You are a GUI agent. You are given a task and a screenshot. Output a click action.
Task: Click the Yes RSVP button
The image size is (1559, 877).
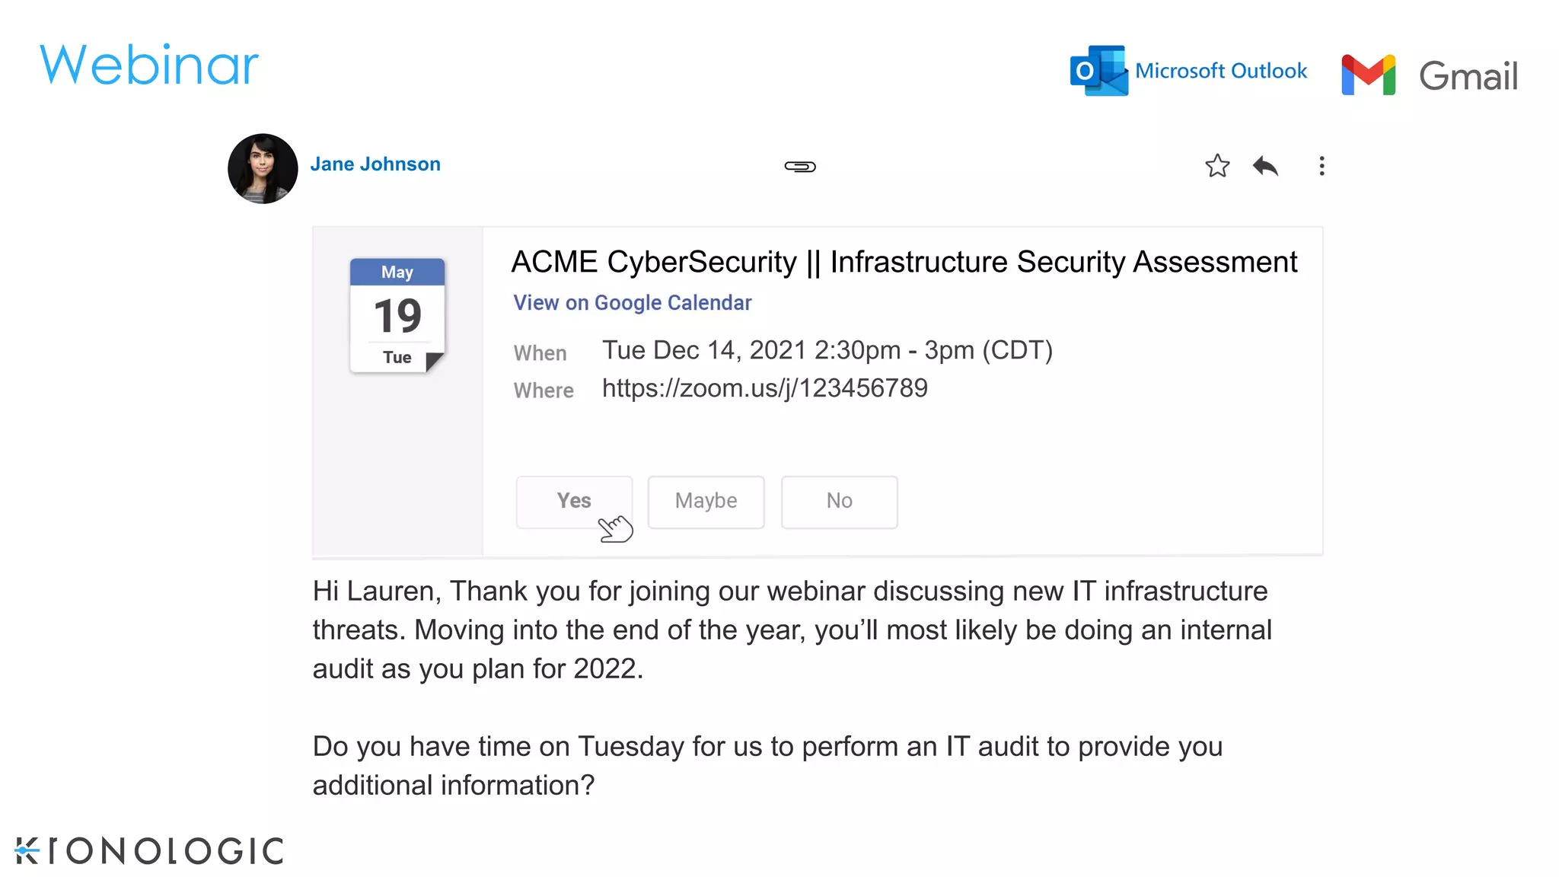pos(574,501)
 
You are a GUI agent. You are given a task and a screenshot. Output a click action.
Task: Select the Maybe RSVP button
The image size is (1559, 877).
pos(706,501)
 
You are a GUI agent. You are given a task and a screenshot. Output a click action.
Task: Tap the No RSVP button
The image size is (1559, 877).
pos(839,501)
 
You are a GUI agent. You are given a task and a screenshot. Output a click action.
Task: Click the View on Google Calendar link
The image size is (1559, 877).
pos(632,303)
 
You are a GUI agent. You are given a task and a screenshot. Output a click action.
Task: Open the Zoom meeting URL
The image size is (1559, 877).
pos(764,388)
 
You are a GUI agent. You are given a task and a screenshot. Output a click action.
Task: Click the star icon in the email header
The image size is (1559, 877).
pos(1217,166)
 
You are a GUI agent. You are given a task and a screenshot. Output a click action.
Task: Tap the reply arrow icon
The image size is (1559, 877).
pos(1265,166)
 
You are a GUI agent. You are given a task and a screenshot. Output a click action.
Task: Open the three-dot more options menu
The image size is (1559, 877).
pos(1321,166)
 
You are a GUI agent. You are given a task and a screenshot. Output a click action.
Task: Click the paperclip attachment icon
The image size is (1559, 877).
pos(800,166)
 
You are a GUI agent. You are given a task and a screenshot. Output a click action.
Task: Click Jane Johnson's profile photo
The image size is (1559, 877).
pos(263,168)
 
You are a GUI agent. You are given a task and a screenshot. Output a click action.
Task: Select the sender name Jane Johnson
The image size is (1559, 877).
pos(375,164)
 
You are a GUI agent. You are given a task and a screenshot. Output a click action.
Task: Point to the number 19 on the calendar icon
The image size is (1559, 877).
pos(397,316)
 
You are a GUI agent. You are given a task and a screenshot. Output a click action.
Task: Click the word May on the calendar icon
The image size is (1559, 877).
pos(397,273)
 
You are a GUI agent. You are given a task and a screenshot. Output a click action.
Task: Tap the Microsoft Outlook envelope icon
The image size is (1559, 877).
pos(1098,71)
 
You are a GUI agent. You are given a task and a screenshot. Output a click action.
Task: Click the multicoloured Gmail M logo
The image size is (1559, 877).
pos(1368,75)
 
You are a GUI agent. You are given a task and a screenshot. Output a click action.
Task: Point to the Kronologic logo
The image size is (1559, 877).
pos(149,850)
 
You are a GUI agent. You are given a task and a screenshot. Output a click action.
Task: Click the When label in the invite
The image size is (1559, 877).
pos(540,353)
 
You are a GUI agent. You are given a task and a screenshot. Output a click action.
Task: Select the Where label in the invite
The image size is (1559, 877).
pos(544,391)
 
